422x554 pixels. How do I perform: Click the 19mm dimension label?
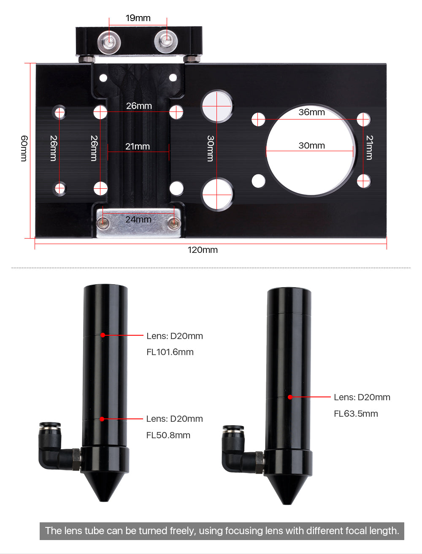138,18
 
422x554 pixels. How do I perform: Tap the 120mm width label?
203,250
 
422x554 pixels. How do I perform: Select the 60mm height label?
24,148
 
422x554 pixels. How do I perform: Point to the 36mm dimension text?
311,112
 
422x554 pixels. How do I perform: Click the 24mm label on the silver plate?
138,219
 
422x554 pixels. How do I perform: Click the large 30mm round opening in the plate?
311,150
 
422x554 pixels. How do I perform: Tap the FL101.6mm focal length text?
170,352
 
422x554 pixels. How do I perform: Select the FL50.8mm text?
168,435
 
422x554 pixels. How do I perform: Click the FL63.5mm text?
356,414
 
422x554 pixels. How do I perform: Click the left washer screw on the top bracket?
109,43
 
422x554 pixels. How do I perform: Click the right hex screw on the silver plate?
174,223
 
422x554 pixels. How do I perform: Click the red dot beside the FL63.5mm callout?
290,397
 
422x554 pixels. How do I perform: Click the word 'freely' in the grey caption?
183,531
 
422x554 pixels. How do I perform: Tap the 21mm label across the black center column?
138,147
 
